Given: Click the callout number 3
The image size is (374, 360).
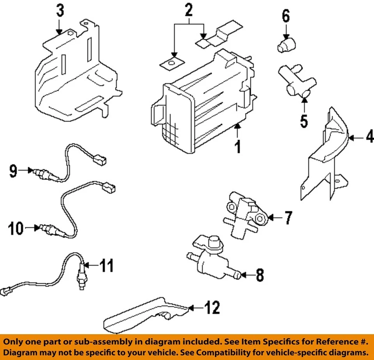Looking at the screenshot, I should pyautogui.click(x=59, y=11).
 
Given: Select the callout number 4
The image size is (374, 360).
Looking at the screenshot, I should pyautogui.click(x=369, y=137).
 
